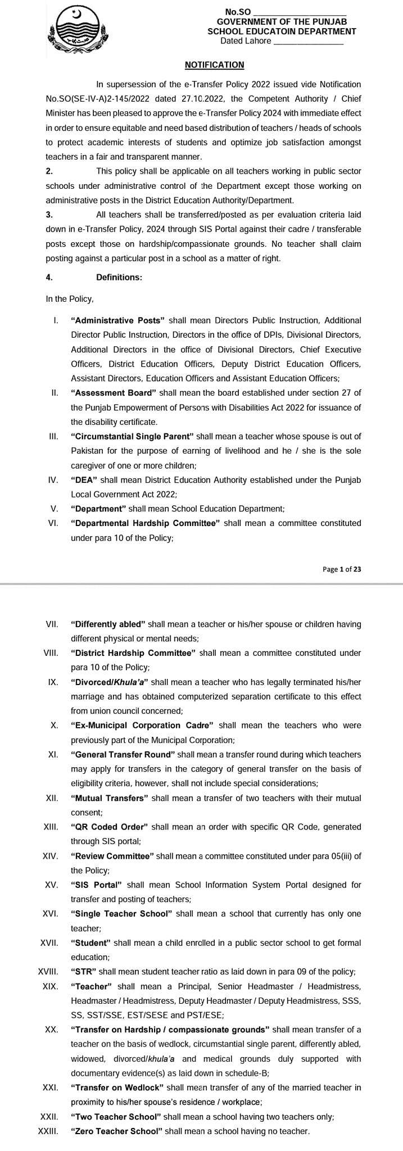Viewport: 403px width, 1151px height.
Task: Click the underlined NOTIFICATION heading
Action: coord(214,65)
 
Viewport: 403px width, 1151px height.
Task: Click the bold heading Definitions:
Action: coord(119,277)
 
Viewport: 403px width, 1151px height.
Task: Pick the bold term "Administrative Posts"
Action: coord(118,320)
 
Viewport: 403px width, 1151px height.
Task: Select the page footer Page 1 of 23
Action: coord(342,569)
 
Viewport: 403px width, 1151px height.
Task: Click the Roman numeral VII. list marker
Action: coord(52,624)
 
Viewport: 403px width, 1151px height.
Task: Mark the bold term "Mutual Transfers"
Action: coord(110,798)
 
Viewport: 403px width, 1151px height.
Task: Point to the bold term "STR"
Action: coord(84,972)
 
